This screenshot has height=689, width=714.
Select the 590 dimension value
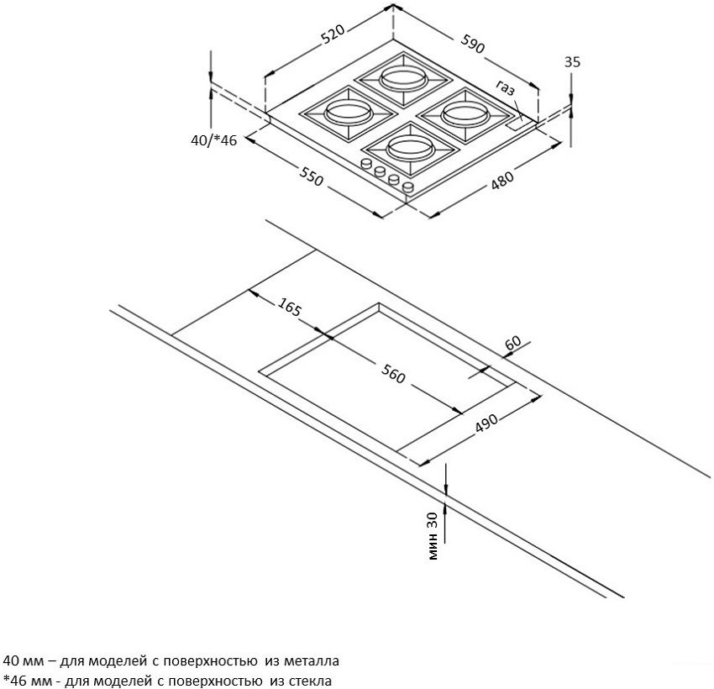473,44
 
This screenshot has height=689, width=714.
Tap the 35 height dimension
572,61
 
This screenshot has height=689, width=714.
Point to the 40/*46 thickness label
213,140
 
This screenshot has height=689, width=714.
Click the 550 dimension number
311,176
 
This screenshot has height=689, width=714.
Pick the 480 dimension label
501,180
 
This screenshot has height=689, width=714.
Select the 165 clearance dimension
290,307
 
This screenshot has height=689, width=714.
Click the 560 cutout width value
393,374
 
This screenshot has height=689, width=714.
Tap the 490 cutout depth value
486,423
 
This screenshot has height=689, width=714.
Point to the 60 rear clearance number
512,343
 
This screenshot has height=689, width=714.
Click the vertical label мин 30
433,536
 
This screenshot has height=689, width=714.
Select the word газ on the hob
506,87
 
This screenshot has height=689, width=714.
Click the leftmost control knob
365,163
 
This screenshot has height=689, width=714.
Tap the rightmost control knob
408,187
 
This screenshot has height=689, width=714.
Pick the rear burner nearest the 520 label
403,78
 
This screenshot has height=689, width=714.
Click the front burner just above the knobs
410,148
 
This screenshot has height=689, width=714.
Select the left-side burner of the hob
348,113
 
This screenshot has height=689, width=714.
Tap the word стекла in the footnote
307,681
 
